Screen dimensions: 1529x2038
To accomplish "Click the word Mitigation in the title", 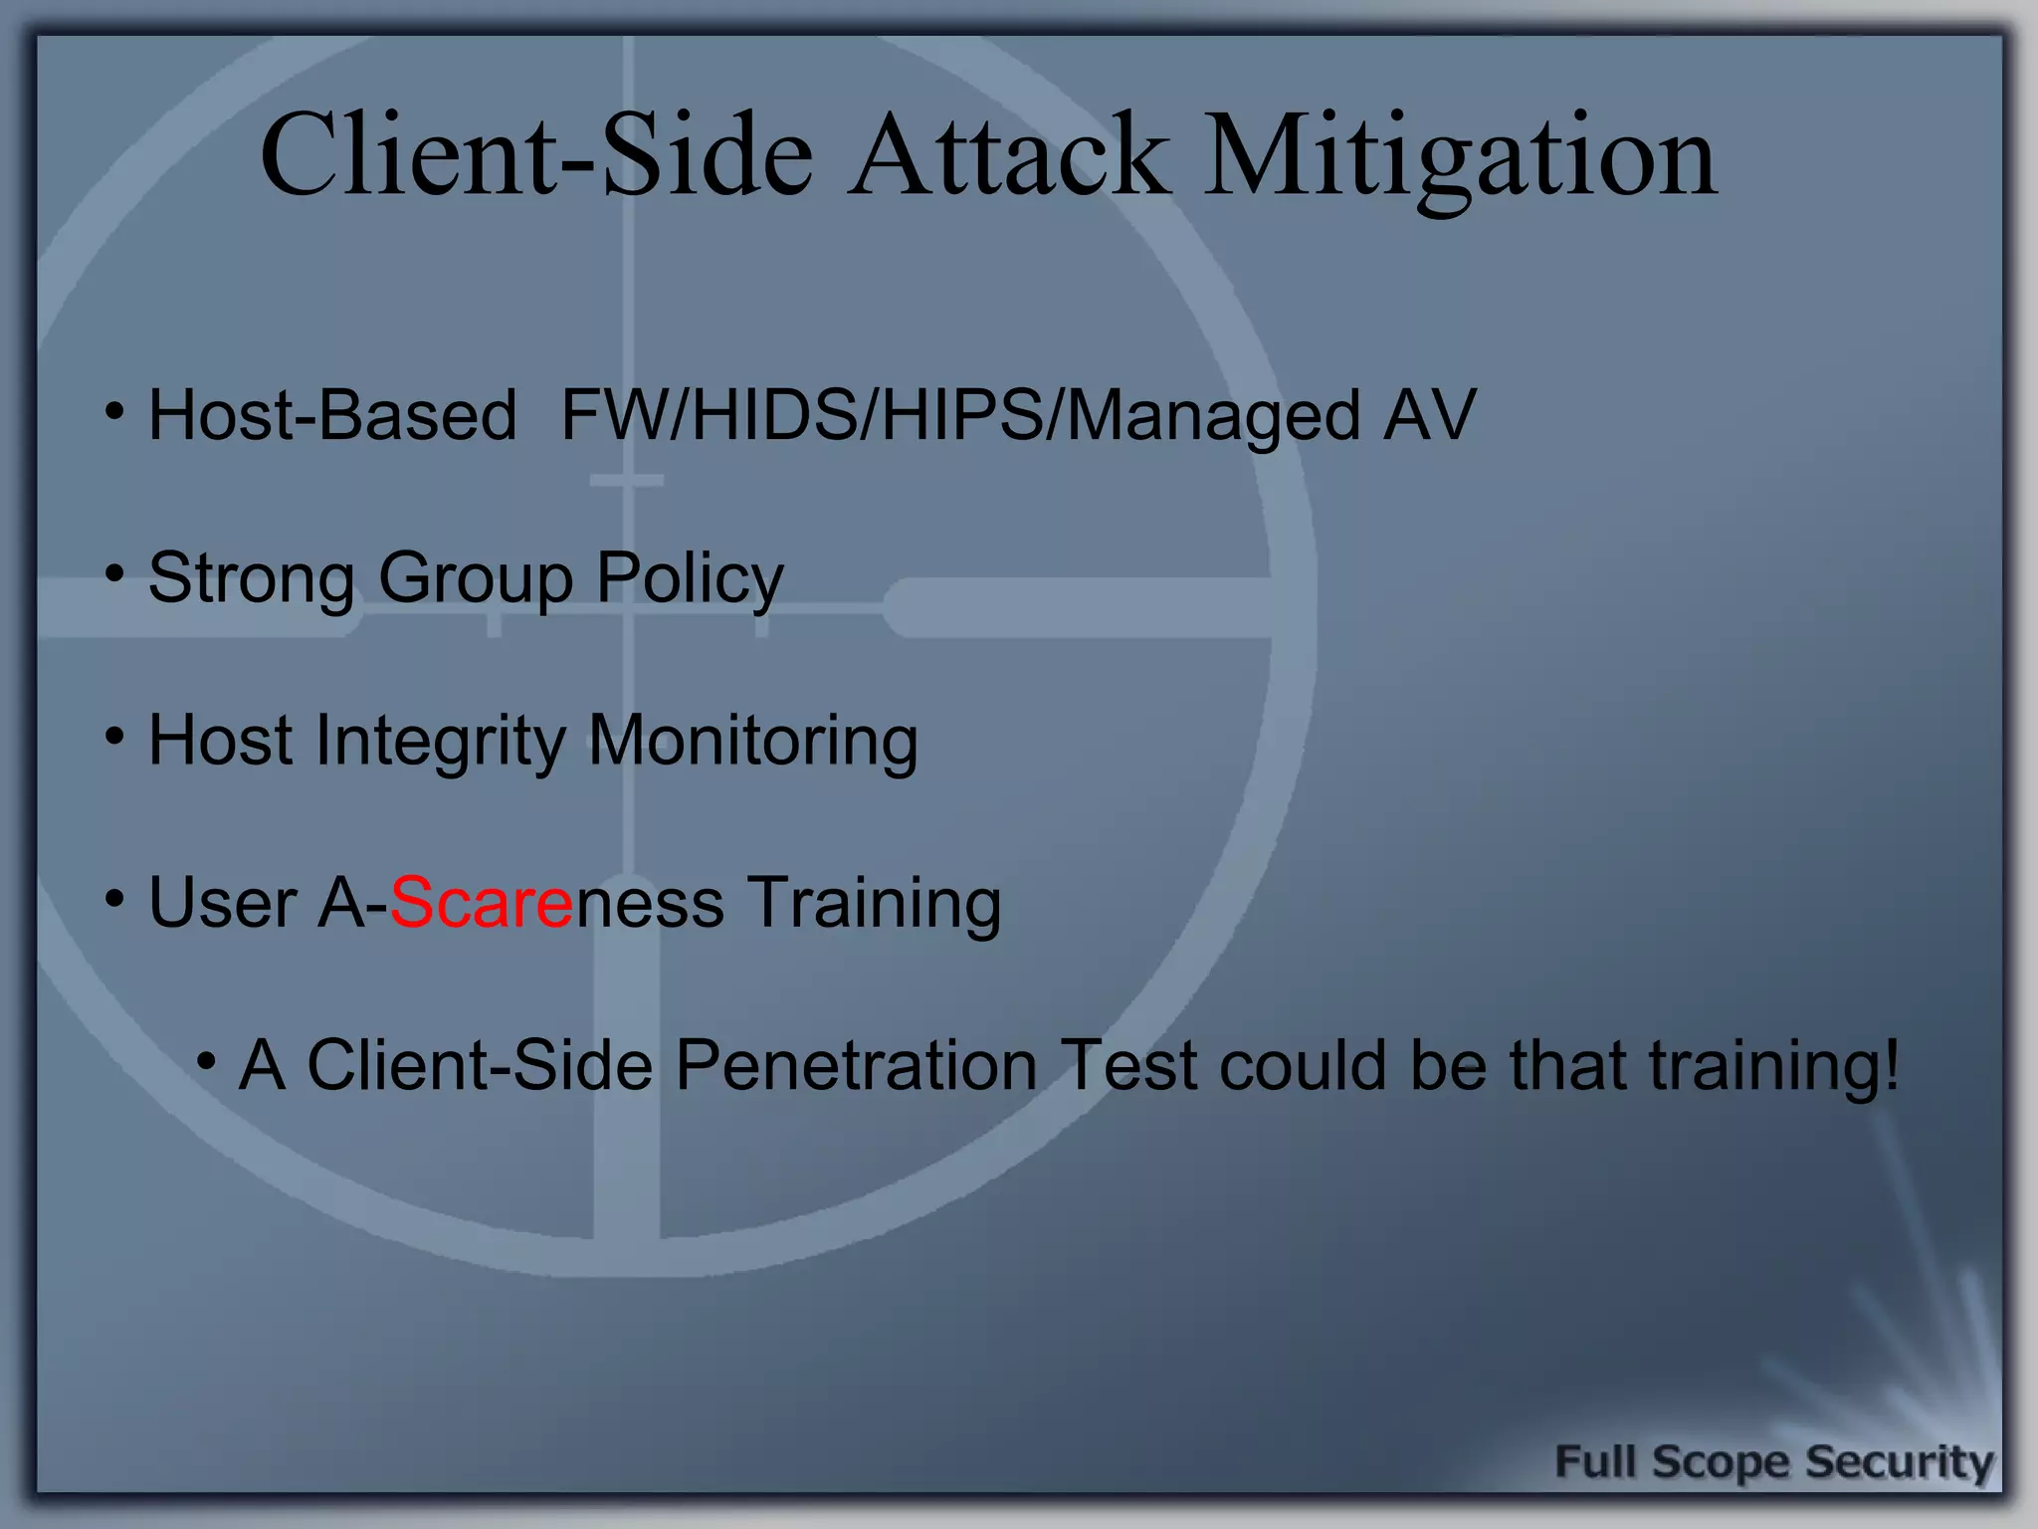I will coord(1460,157).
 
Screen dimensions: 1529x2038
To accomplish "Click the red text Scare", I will coord(481,902).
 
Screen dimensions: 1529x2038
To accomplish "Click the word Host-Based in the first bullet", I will coord(332,414).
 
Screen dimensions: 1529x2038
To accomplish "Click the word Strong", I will coord(251,578).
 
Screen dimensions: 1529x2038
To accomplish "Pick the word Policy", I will coord(689,578).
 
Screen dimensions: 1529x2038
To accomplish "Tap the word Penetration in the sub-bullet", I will coord(856,1065).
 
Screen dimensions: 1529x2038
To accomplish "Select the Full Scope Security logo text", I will coord(1773,1461).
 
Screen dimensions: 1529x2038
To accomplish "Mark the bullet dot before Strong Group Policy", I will coord(115,573).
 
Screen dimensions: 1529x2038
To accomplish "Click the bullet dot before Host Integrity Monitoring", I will coord(115,737).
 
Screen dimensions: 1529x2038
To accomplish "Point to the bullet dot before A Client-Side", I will coord(206,1061).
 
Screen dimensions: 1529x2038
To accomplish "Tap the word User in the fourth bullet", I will coord(222,902).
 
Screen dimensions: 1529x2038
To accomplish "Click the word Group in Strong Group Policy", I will coord(476,578).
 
